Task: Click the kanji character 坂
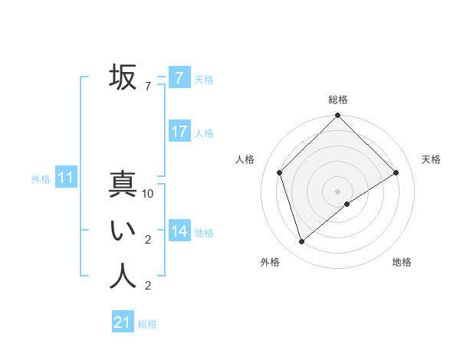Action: pyautogui.click(x=123, y=77)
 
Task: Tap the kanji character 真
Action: pyautogui.click(x=123, y=185)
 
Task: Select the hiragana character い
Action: pyautogui.click(x=123, y=231)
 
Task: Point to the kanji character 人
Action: pyautogui.click(x=123, y=277)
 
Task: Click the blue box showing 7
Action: pyautogui.click(x=179, y=78)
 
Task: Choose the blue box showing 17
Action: pyautogui.click(x=179, y=132)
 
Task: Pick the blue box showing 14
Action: pyautogui.click(x=179, y=231)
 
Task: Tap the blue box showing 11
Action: pyautogui.click(x=66, y=178)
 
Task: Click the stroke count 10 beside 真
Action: pyautogui.click(x=149, y=195)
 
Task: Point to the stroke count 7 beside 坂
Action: pyautogui.click(x=148, y=87)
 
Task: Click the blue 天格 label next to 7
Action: pyautogui.click(x=204, y=80)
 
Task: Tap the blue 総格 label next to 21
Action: pyautogui.click(x=147, y=324)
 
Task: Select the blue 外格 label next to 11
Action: pyautogui.click(x=41, y=180)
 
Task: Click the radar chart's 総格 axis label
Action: pyautogui.click(x=338, y=100)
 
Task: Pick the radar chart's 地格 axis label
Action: pyautogui.click(x=402, y=262)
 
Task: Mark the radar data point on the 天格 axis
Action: pyautogui.click(x=396, y=172)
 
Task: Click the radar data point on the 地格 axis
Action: pyautogui.click(x=347, y=204)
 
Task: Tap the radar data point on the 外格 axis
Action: pyautogui.click(x=302, y=241)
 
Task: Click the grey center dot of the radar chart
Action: pyautogui.click(x=338, y=191)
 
